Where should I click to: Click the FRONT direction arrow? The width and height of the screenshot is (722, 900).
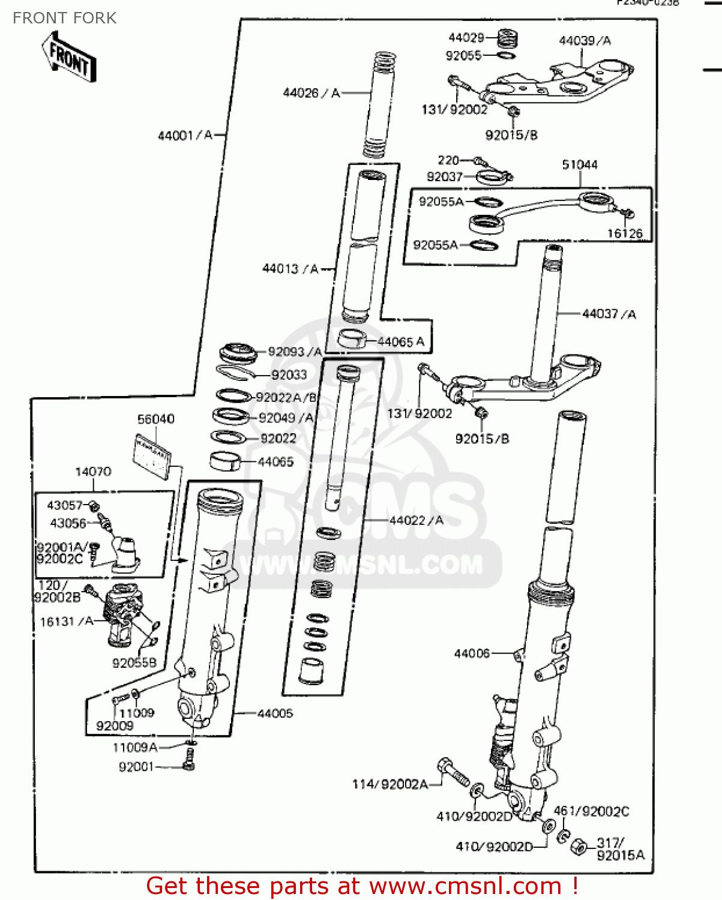69,57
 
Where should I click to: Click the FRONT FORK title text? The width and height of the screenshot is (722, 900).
64,18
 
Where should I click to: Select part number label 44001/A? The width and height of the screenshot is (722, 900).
185,136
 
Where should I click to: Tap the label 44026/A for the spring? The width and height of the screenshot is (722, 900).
311,93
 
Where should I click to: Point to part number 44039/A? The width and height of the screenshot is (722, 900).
585,41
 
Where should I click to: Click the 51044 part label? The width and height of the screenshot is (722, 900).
579,164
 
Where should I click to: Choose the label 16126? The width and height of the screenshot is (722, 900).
624,233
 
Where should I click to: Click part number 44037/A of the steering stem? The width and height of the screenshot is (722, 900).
609,314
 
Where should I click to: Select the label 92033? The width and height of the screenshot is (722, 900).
289,375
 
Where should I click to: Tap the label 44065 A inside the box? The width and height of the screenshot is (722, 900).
400,342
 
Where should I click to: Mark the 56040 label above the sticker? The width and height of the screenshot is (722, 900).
155,419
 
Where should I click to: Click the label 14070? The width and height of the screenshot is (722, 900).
93,472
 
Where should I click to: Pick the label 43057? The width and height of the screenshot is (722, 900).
64,505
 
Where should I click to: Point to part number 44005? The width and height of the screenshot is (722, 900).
275,713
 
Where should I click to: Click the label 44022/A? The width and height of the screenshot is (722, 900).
416,520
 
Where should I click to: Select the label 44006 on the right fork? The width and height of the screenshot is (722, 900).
472,653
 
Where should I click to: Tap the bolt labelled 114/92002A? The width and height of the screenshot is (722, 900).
454,773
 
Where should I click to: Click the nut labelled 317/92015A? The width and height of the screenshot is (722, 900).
578,847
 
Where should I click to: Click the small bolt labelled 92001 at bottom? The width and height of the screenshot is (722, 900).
188,766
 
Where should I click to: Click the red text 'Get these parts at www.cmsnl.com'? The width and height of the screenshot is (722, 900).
362,886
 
